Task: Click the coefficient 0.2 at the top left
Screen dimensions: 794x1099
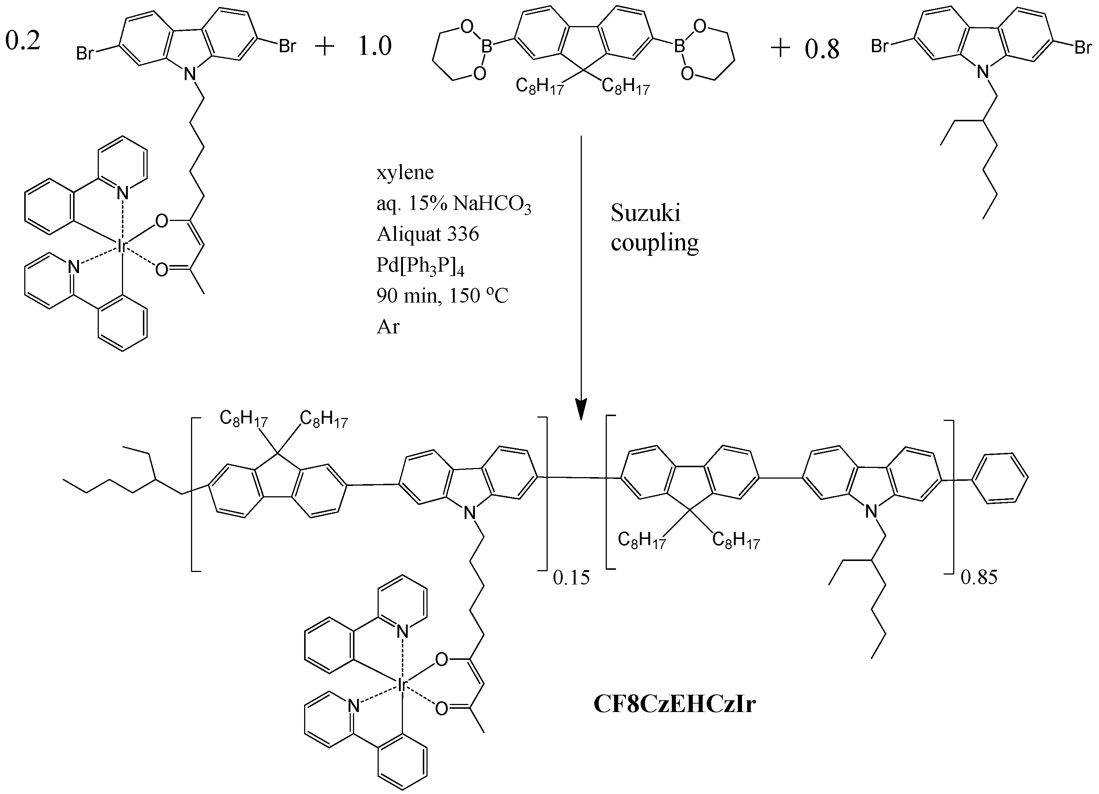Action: click(x=22, y=40)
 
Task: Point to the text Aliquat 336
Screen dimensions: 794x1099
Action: click(x=428, y=234)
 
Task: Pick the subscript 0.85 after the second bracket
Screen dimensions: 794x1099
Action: click(x=979, y=578)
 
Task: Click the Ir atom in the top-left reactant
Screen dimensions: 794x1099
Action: click(x=121, y=246)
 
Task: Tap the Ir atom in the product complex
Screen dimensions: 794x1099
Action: click(x=402, y=684)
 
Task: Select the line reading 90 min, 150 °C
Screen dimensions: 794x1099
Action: click(x=442, y=296)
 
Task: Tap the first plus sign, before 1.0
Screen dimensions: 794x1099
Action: click(x=325, y=47)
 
